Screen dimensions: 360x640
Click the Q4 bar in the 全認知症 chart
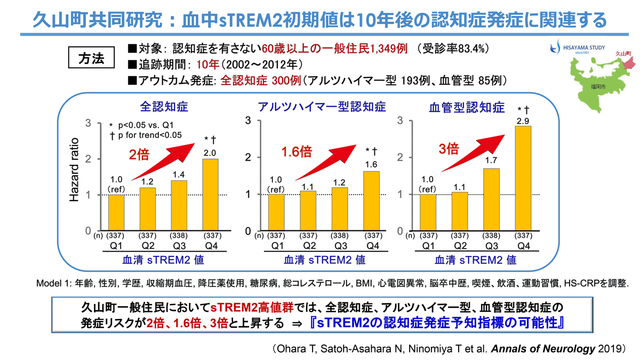coord(210,195)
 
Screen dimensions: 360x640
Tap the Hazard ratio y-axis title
coord(75,171)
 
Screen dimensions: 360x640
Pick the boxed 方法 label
coord(91,58)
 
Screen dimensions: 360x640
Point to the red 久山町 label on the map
coord(623,53)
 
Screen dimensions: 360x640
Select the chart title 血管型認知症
coord(467,108)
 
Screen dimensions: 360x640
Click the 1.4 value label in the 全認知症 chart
coord(179,174)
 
